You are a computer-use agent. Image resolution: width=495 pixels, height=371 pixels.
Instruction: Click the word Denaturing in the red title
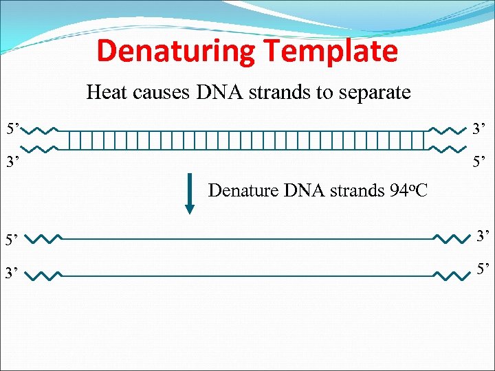[x=176, y=52]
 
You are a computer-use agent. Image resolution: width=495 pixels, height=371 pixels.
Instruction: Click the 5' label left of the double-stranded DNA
[x=14, y=128]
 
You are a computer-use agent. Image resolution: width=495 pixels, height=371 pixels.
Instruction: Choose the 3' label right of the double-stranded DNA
[x=478, y=128]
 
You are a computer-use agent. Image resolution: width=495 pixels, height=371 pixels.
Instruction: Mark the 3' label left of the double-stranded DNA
[x=14, y=164]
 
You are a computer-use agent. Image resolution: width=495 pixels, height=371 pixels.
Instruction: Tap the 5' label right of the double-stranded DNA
[x=478, y=164]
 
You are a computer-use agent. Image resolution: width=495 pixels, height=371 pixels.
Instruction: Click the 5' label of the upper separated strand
[x=14, y=240]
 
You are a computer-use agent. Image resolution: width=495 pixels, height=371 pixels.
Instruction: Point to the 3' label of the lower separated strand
[x=14, y=275]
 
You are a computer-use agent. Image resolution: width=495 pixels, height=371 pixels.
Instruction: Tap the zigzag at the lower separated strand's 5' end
[x=451, y=275]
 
